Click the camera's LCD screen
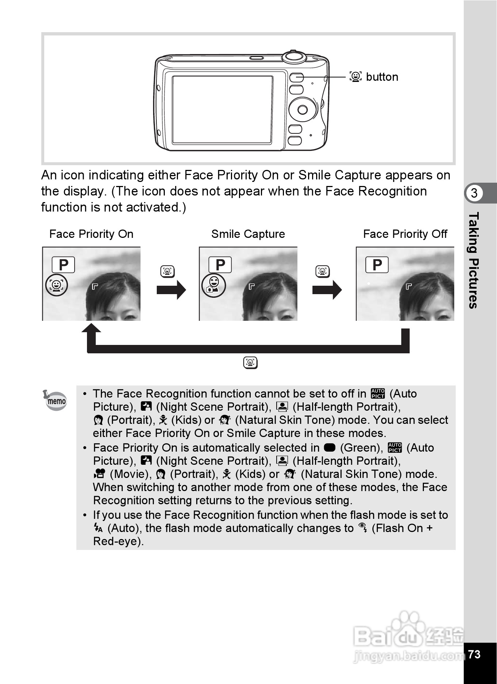point(222,109)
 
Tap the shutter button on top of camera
point(294,56)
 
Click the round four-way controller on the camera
point(303,109)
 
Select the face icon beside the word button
point(355,77)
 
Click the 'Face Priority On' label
point(91,234)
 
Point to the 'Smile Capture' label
point(248,234)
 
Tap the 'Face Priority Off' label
point(405,234)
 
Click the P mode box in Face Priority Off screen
point(377,265)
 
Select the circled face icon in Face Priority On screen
point(56,285)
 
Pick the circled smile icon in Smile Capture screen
point(213,285)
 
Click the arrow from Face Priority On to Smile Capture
point(171,290)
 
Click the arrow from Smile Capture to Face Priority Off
point(327,290)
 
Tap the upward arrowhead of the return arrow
point(91,329)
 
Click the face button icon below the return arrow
point(250,362)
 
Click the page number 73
point(474,654)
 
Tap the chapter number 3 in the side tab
point(474,193)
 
